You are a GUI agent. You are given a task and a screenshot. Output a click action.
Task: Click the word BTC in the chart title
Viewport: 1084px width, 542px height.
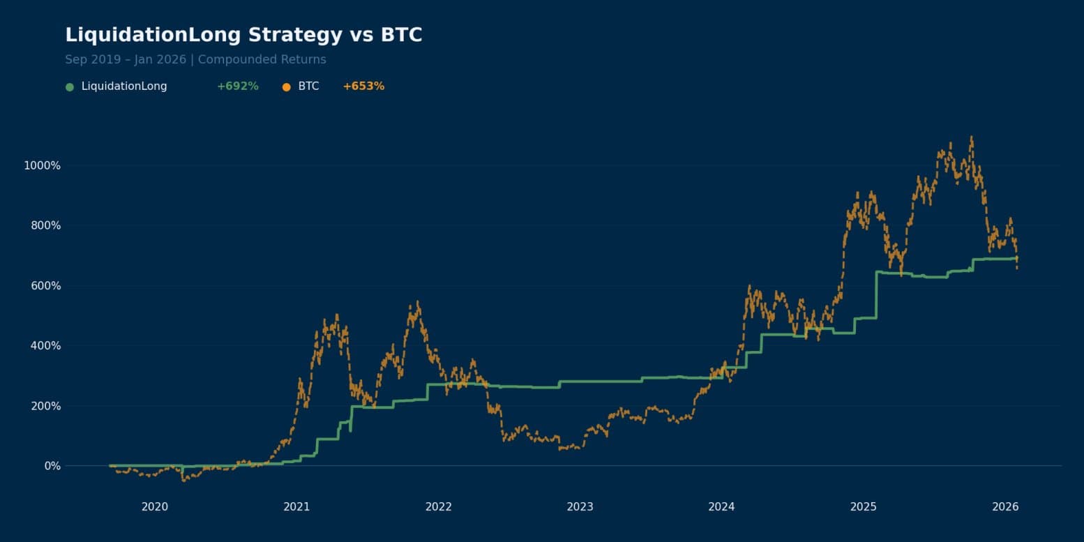click(x=401, y=35)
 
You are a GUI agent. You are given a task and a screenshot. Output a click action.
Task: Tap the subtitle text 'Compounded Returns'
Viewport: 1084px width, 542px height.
click(x=262, y=59)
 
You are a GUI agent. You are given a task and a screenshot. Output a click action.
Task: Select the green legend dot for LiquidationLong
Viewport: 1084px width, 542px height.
click(x=69, y=87)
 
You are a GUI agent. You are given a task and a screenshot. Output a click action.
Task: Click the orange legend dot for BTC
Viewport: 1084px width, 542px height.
click(x=286, y=87)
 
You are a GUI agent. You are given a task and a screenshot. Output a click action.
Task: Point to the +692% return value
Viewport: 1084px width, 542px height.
click(x=237, y=86)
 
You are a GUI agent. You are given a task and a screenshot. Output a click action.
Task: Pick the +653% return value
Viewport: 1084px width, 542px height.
click(x=363, y=86)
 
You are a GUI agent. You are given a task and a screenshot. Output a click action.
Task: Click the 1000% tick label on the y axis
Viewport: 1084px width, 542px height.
click(x=43, y=165)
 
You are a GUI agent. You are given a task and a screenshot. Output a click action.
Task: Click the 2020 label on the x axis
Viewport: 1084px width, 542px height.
click(x=155, y=506)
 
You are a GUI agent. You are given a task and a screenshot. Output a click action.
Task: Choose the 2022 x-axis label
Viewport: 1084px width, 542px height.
click(x=438, y=506)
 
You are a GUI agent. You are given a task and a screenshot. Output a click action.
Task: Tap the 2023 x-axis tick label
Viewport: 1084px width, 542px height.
click(x=580, y=506)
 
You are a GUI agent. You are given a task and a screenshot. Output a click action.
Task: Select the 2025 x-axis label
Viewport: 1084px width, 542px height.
click(x=864, y=506)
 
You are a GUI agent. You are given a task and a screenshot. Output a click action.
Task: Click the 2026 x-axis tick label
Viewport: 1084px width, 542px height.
click(x=1005, y=506)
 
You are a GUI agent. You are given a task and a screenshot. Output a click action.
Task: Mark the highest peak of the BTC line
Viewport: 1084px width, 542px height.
click(x=971, y=137)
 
